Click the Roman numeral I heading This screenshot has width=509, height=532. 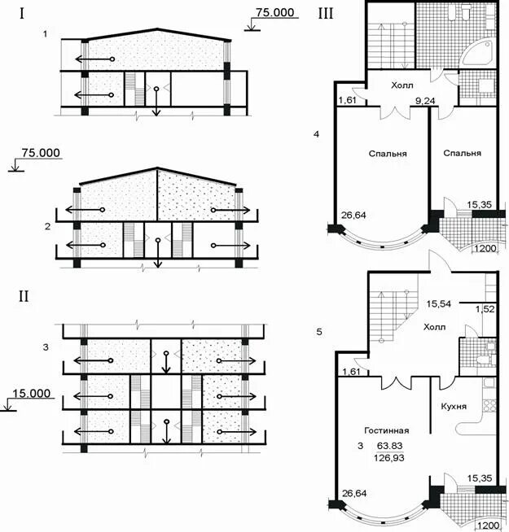22,14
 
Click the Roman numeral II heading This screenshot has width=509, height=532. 24,297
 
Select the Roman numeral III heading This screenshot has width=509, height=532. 326,14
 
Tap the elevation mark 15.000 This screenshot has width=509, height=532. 32,393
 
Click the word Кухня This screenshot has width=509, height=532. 454,406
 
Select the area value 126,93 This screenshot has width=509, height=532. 389,458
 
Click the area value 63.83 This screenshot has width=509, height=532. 390,446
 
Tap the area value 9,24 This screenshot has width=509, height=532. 425,101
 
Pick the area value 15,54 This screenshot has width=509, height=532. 439,303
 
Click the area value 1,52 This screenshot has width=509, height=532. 485,309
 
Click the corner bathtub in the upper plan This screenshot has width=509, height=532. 476,52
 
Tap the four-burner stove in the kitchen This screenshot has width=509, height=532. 489,406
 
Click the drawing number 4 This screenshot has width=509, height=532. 316,134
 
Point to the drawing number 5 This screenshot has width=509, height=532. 318,332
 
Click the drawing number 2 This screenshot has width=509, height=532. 47,226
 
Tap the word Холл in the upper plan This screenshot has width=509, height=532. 402,85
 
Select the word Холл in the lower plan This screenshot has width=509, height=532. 435,327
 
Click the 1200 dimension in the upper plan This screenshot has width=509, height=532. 485,248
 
